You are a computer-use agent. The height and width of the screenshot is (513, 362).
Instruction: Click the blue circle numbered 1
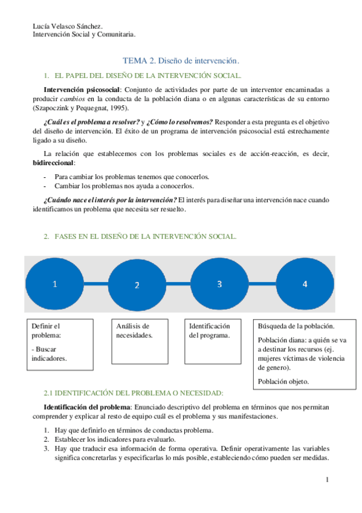coord(54,284)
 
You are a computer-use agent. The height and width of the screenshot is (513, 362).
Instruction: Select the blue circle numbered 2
coord(137,285)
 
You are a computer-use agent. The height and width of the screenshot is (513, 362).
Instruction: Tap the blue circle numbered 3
coord(220,284)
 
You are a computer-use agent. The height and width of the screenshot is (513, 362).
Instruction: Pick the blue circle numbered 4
coord(305,284)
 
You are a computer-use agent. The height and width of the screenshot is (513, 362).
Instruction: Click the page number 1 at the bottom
coord(327,480)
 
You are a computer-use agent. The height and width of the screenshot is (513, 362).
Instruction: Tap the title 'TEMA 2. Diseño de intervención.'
coord(181,60)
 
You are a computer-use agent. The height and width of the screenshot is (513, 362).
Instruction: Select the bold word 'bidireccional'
coord(53,163)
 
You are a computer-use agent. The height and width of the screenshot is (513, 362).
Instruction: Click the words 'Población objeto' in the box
coord(283,382)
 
